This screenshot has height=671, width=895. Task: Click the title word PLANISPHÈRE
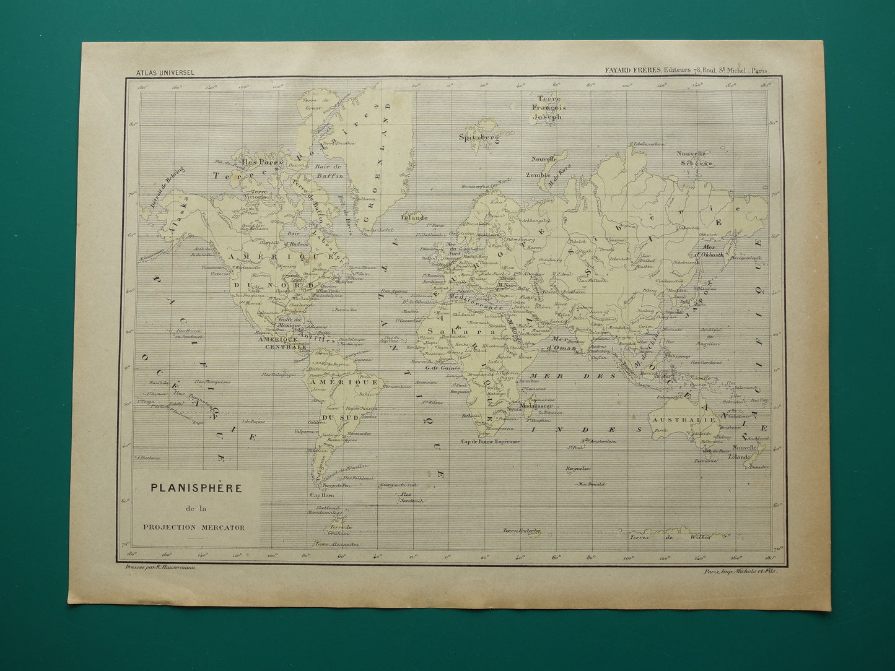click(x=198, y=487)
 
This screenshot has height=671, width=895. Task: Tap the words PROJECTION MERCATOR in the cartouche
click(x=198, y=527)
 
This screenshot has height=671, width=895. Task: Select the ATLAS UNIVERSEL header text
click(x=165, y=72)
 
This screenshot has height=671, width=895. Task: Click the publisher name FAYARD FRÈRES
click(x=633, y=71)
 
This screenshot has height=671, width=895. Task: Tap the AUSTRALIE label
click(x=682, y=419)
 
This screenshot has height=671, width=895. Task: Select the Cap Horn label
click(x=322, y=495)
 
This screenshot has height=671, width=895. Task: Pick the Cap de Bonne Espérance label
click(x=489, y=442)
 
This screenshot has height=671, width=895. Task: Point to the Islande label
click(x=414, y=218)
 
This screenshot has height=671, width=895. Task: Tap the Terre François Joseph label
click(x=549, y=107)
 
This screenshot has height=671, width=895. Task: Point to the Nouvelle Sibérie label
click(x=694, y=158)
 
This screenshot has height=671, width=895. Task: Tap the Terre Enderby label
click(x=522, y=530)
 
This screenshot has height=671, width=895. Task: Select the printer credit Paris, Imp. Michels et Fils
click(x=740, y=572)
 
